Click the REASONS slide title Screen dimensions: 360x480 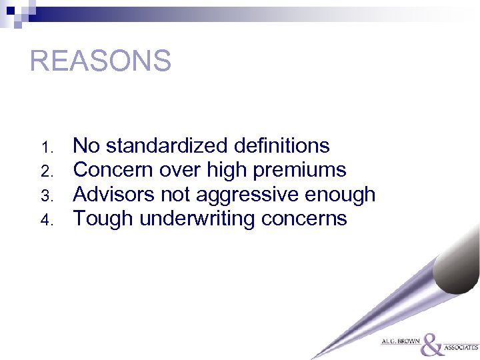coord(101,61)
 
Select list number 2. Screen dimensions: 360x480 coord(46,171)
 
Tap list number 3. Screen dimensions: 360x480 coord(46,195)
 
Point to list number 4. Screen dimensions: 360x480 coord(46,219)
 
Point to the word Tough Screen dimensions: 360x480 coord(102,219)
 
